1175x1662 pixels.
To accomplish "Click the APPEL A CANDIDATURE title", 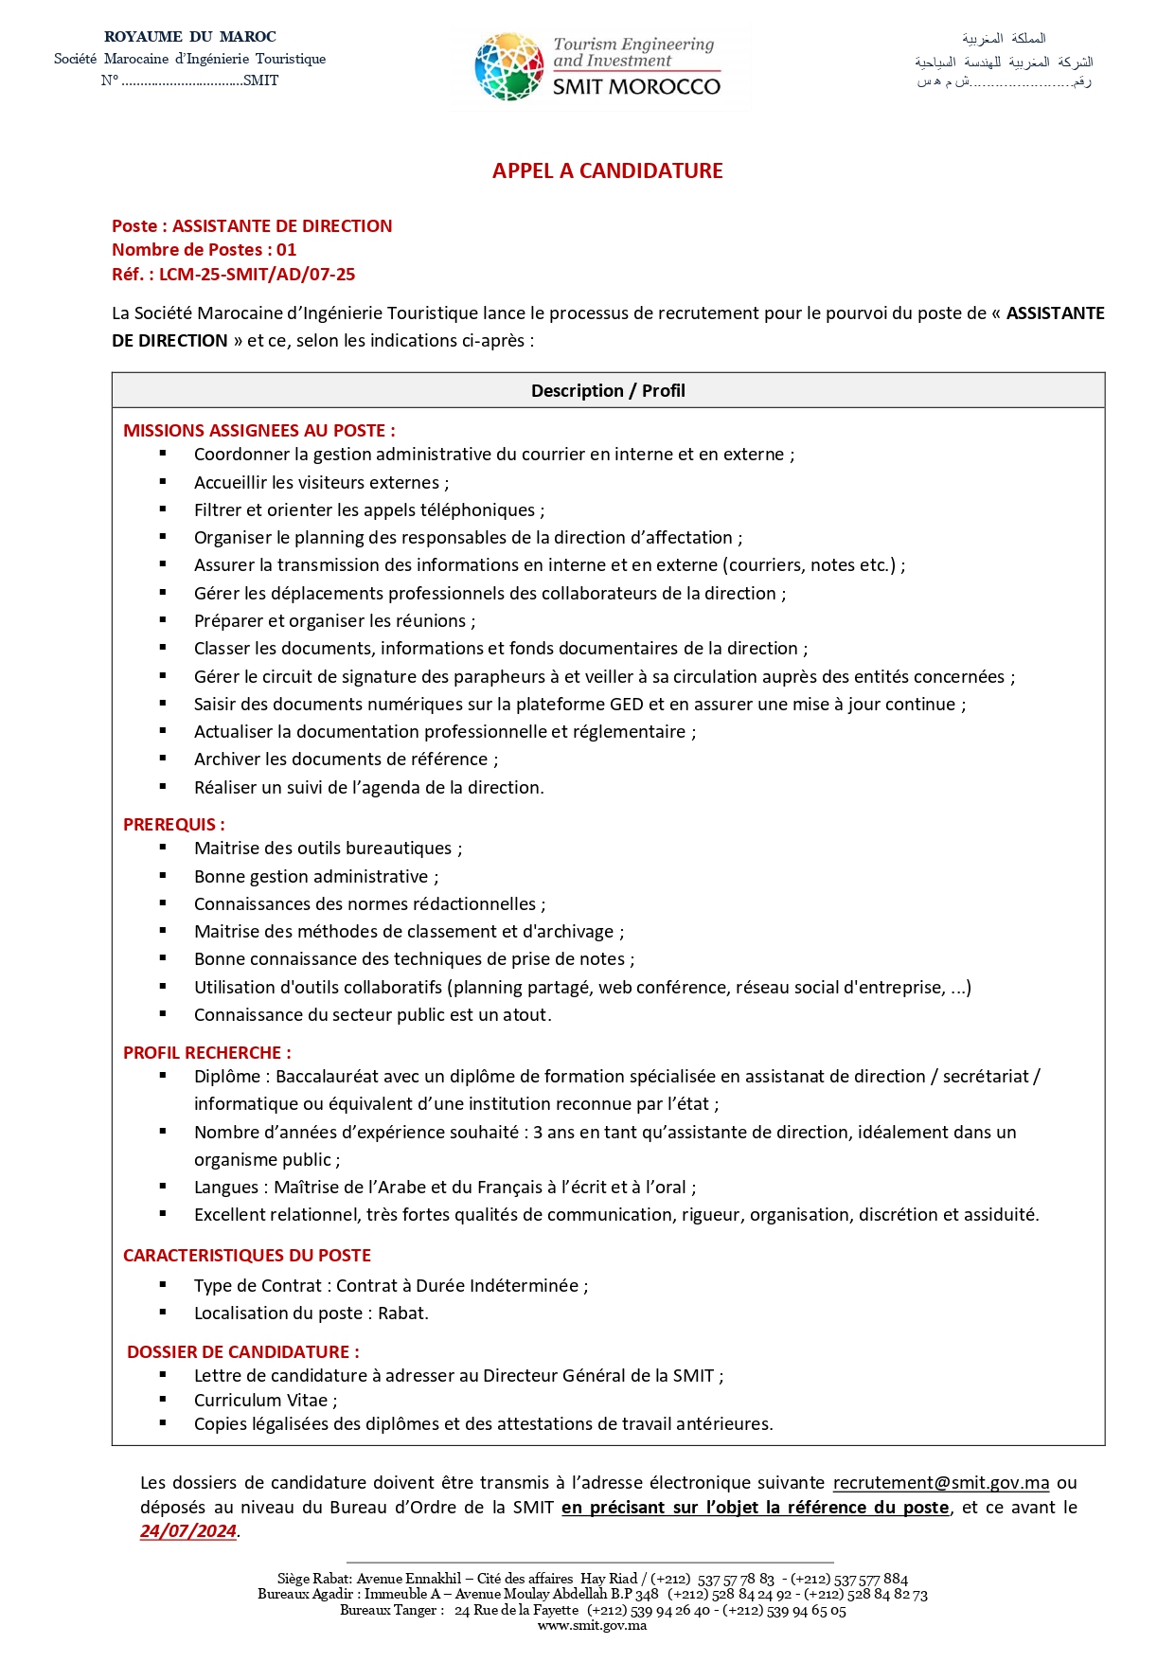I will point(607,170).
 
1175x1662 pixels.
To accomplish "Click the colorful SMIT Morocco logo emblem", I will point(508,66).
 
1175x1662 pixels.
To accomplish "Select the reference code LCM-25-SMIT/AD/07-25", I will point(257,275).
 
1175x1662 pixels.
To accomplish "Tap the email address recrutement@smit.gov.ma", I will point(940,1482).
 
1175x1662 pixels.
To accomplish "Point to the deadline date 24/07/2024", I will point(188,1531).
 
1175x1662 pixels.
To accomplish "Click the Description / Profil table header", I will point(608,390).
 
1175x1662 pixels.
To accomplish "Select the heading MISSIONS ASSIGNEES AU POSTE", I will point(258,430).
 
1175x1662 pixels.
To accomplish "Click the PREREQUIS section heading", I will point(173,824).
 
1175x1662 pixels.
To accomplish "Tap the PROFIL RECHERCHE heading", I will point(206,1052).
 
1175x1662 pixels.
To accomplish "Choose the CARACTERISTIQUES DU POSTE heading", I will point(246,1255).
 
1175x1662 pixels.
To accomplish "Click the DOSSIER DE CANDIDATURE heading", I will point(242,1351).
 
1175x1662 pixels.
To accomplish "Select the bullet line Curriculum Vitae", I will point(265,1400).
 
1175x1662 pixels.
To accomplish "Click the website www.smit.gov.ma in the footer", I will point(592,1626).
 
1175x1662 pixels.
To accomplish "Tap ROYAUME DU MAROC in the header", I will point(189,37).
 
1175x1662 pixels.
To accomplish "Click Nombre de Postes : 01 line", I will point(204,250).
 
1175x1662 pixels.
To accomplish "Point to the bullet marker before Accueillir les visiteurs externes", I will point(163,482).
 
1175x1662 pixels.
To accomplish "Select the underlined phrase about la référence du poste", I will point(755,1507).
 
